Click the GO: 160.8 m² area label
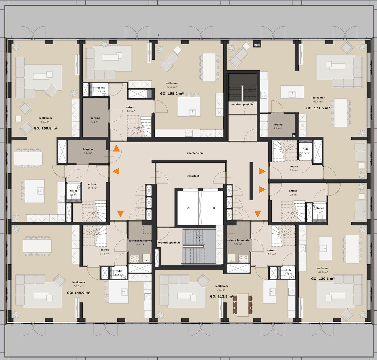click(x=46, y=128)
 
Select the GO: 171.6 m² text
click(x=318, y=108)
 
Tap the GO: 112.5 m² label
click(x=222, y=296)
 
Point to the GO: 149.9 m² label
click(x=79, y=293)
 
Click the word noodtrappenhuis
click(x=242, y=104)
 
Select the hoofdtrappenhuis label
click(x=169, y=242)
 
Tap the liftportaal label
click(x=192, y=176)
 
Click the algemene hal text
click(x=195, y=153)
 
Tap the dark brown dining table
click(x=243, y=304)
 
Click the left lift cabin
click(x=188, y=208)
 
